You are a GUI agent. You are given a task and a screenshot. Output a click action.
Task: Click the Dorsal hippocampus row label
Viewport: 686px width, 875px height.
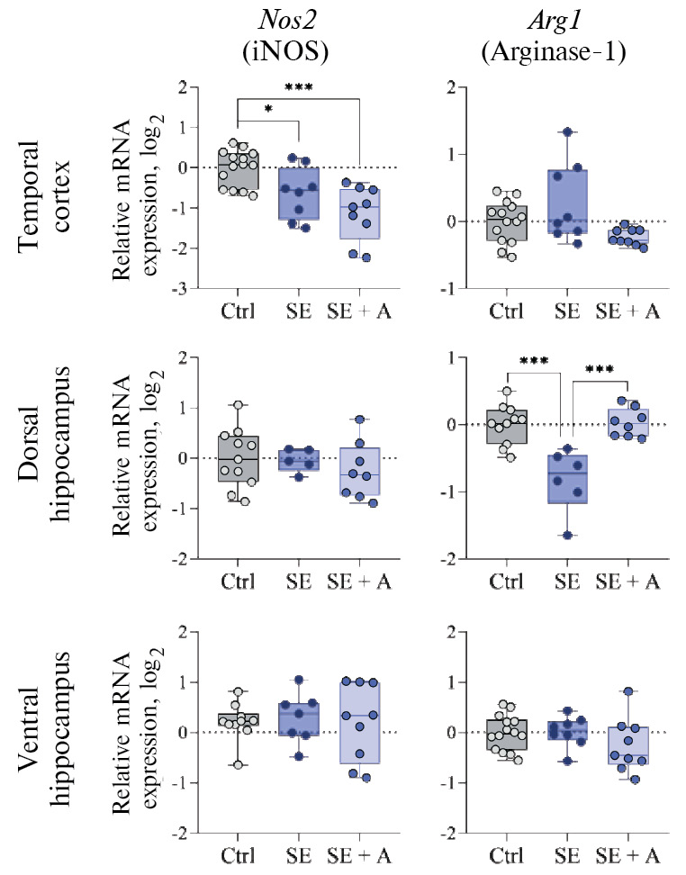click(x=53, y=457)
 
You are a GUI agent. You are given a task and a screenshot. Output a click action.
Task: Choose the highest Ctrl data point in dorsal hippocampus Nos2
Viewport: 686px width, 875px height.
click(x=238, y=405)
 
